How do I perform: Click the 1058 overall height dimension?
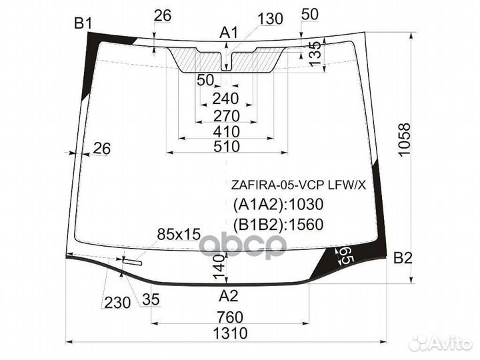pyautogui.click(x=405, y=140)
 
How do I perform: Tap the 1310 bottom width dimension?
pyautogui.click(x=230, y=333)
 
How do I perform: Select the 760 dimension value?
pyautogui.click(x=230, y=317)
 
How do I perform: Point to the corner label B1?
pyautogui.click(x=83, y=23)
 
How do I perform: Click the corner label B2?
pyautogui.click(x=403, y=259)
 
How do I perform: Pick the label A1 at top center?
pyautogui.click(x=229, y=33)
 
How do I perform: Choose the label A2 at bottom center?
pyautogui.click(x=229, y=296)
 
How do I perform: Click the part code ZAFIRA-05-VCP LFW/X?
pyautogui.click(x=299, y=185)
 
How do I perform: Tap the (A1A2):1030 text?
pyautogui.click(x=278, y=204)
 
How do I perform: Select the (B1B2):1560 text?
pyautogui.click(x=278, y=225)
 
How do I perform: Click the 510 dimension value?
pyautogui.click(x=227, y=146)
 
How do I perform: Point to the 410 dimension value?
pyautogui.click(x=227, y=132)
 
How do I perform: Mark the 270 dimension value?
pyautogui.click(x=227, y=116)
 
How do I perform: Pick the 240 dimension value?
pyautogui.click(x=225, y=99)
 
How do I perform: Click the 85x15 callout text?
pyautogui.click(x=179, y=235)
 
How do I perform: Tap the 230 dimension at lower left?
pyautogui.click(x=117, y=303)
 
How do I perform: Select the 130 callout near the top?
pyautogui.click(x=270, y=19)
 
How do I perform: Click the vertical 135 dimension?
pyautogui.click(x=315, y=53)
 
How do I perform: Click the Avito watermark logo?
pyautogui.click(x=441, y=343)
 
